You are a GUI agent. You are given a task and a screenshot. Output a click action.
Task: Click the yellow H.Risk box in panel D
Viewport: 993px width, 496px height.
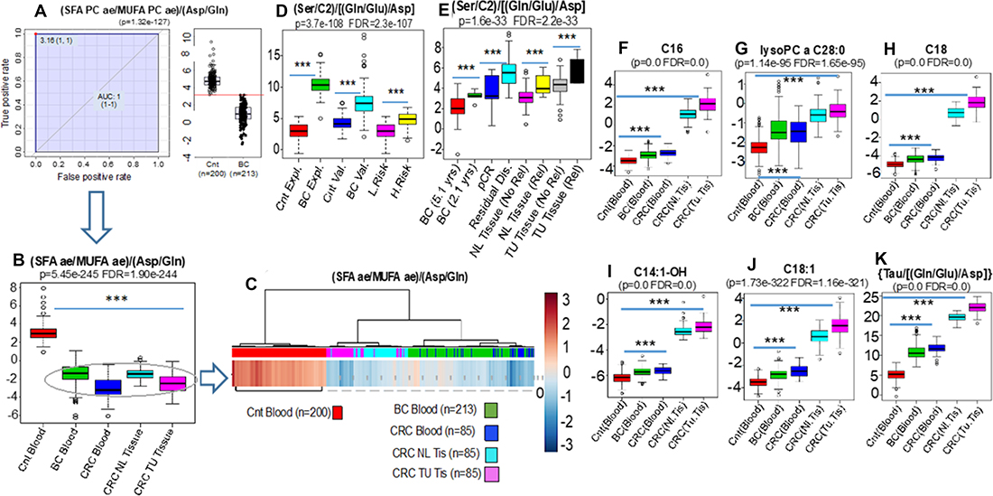coord(408,118)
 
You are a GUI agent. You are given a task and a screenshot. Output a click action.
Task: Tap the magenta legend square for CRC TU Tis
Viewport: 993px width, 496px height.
coord(491,472)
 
